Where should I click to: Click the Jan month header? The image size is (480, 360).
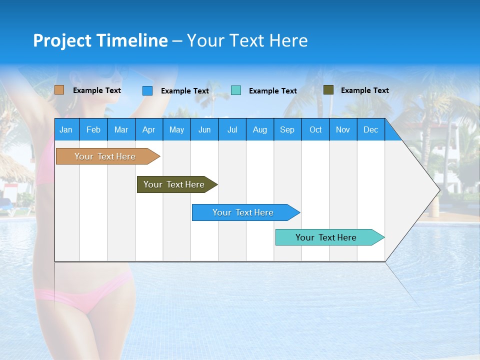66,129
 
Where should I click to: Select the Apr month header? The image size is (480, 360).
148,129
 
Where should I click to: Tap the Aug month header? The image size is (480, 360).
259,129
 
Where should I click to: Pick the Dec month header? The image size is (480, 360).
370,129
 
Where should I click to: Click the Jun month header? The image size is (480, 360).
204,129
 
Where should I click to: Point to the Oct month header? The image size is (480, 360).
315,129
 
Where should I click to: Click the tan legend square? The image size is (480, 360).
59,90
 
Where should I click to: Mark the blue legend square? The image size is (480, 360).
147,90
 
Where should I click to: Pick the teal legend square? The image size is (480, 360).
236,90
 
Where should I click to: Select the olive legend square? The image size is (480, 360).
328,90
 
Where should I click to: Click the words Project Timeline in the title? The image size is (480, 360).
100,40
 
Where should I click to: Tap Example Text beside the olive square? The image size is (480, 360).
364,90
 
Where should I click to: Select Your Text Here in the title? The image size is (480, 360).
247,40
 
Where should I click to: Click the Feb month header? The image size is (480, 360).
93,129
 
